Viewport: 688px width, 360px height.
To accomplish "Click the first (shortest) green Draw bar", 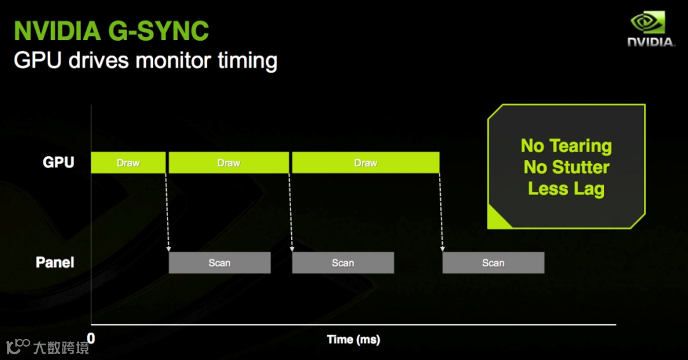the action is pos(128,163).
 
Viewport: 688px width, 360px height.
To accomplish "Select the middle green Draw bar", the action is pos(229,163).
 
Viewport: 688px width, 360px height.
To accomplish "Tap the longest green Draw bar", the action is pos(366,163).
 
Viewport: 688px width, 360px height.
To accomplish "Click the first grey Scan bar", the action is pos(220,263).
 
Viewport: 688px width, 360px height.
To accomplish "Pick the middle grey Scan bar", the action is pos(343,263).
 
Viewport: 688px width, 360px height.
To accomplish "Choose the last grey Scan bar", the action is pos(493,263).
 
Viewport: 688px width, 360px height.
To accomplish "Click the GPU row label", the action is pos(59,162).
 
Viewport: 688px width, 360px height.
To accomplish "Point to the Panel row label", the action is pos(55,263).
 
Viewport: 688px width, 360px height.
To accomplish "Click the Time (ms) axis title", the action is pos(353,340).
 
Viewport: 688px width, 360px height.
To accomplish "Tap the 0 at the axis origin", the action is pos(91,338).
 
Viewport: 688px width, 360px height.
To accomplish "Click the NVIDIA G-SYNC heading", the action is pos(111,31).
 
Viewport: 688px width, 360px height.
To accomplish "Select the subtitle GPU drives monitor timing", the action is pos(145,61).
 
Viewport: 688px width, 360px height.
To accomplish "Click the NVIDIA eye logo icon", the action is pos(647,24).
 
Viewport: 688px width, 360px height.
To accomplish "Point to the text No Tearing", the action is pos(566,146).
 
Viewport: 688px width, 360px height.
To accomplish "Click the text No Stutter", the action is pos(566,168).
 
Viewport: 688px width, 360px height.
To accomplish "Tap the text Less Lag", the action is pos(566,189).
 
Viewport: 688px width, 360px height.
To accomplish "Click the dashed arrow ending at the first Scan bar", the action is pos(167,210).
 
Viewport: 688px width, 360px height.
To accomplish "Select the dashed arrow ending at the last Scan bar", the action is pos(441,210).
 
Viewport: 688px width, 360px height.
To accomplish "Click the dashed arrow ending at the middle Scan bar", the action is pos(290,210).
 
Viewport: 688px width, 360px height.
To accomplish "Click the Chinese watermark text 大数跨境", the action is pos(61,347).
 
